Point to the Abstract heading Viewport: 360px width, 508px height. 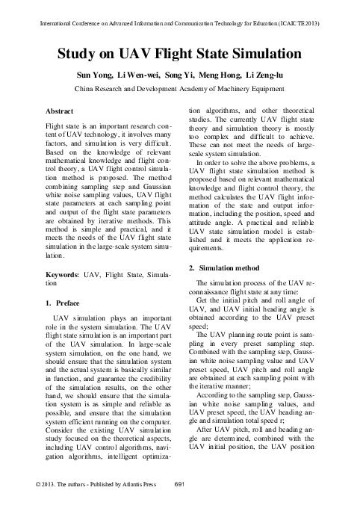tap(61, 111)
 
